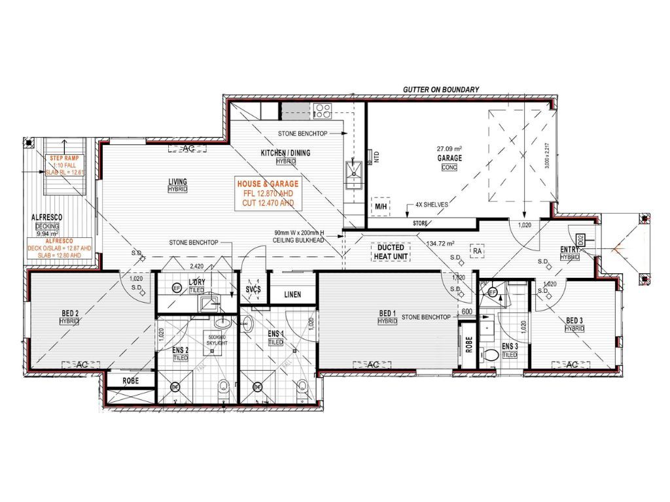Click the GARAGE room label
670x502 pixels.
tap(450, 158)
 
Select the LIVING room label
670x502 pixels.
tap(177, 182)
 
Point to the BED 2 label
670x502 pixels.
tap(69, 313)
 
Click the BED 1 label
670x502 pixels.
tap(387, 314)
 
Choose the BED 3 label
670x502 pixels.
tap(574, 320)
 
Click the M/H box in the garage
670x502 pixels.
tap(381, 207)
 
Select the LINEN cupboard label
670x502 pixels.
tap(292, 295)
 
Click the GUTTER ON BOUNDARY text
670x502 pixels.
tap(441, 90)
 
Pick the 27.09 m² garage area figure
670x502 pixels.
tap(450, 148)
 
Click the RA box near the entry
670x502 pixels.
tap(478, 250)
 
